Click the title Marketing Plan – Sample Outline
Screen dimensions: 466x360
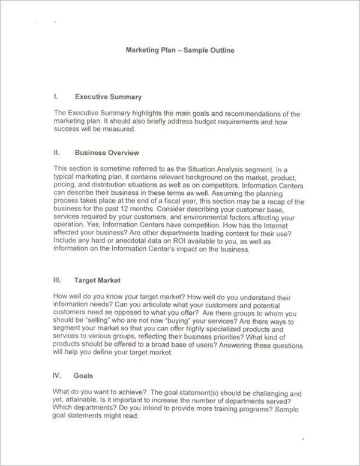coord(180,51)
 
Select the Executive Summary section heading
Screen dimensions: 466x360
coord(107,96)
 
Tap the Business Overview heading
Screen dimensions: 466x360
coord(106,153)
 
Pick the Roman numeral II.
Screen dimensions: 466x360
coord(56,153)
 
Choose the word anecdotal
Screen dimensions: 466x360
coord(135,242)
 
